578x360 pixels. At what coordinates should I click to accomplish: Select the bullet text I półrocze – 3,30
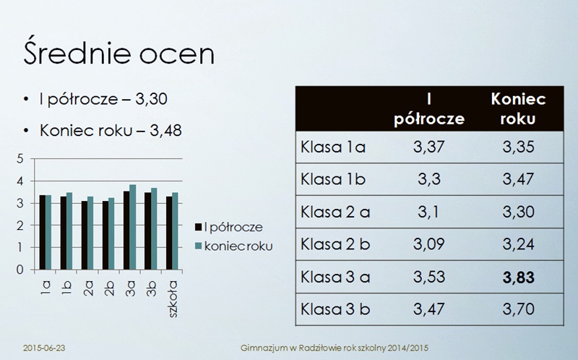[103, 99]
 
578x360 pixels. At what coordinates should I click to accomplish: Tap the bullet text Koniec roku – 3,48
[111, 131]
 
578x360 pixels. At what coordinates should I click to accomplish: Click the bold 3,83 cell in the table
[518, 278]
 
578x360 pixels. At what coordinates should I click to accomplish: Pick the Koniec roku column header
[518, 108]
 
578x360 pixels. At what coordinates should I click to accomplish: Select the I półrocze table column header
[429, 109]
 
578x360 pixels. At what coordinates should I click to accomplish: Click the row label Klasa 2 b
[335, 244]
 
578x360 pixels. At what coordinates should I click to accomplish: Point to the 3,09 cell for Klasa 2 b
[429, 244]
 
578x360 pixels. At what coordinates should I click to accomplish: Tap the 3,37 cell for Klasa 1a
[429, 147]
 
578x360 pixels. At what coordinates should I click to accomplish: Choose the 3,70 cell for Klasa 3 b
[518, 309]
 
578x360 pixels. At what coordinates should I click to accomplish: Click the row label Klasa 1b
[333, 179]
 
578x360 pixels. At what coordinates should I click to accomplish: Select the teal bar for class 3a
[133, 227]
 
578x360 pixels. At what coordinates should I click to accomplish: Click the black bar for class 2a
[85, 236]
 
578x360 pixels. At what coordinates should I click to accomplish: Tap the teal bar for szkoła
[175, 231]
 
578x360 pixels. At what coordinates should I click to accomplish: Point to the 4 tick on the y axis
[20, 181]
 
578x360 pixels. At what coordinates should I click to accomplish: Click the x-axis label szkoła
[173, 299]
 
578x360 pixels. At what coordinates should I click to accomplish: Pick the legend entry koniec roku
[234, 246]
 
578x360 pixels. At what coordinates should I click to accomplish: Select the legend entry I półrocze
[229, 227]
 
